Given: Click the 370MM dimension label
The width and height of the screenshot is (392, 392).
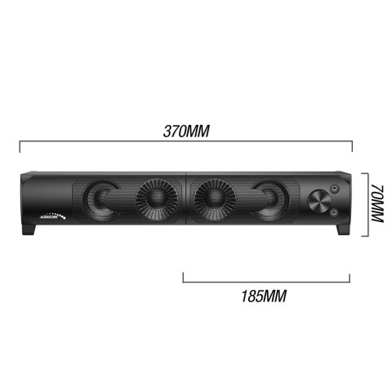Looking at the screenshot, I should [185, 131].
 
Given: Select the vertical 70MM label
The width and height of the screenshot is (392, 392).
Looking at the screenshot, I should [376, 204].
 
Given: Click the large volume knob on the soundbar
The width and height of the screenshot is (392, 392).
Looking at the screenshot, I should [318, 203].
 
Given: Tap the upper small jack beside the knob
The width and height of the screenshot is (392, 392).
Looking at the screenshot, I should [335, 192].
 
